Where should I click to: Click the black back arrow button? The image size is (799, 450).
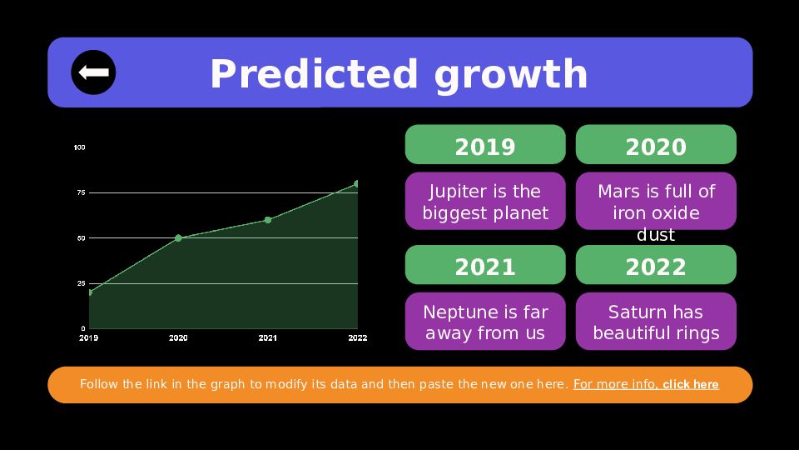[x=93, y=72]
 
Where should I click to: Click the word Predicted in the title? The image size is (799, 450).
[x=315, y=74]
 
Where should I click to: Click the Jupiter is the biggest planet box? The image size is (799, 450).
[x=485, y=201]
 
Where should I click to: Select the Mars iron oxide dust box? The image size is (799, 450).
[x=656, y=201]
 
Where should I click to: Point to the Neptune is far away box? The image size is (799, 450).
[x=485, y=322]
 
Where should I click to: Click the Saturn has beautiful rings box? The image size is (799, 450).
[x=656, y=322]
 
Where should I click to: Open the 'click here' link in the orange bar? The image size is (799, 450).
[x=691, y=384]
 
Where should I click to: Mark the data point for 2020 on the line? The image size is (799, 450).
[x=178, y=237]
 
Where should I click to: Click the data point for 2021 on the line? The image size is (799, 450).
[x=268, y=220]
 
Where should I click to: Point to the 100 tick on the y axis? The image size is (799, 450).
[x=80, y=147]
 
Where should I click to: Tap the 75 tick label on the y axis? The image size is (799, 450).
[x=81, y=192]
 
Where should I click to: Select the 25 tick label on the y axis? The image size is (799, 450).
[x=81, y=283]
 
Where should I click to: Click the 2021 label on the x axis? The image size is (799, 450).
[x=267, y=337]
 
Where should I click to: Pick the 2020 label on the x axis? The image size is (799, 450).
[x=178, y=337]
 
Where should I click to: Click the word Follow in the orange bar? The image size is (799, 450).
[x=99, y=384]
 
